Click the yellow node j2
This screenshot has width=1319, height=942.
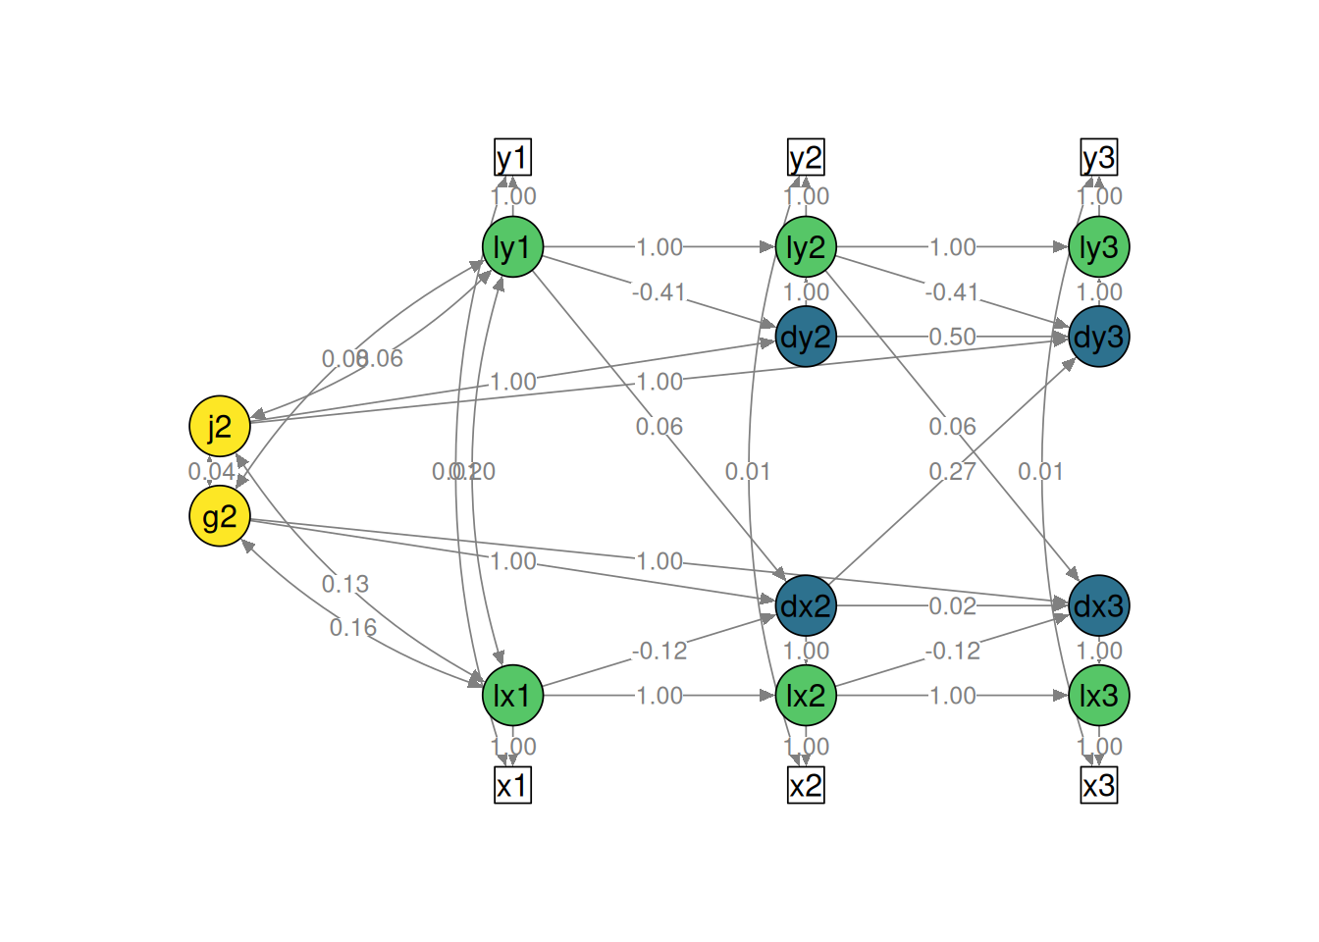click(220, 427)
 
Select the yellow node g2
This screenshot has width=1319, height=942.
click(220, 516)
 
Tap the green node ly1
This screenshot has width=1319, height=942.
click(512, 247)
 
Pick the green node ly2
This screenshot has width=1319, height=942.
click(806, 247)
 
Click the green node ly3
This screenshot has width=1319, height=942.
click(1099, 247)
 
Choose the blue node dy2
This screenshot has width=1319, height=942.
click(806, 337)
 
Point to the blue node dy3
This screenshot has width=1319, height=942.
click(1099, 337)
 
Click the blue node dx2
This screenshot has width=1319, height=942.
click(806, 605)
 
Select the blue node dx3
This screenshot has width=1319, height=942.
click(1099, 605)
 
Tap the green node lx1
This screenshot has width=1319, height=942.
click(512, 696)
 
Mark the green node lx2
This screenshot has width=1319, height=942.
click(806, 696)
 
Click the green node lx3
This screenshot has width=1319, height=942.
click(1099, 696)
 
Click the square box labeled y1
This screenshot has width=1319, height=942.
click(512, 157)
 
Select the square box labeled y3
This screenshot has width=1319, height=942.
click(1099, 157)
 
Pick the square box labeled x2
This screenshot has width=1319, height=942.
click(806, 785)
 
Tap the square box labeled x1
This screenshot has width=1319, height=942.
click(512, 785)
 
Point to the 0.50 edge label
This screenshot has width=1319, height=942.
click(952, 337)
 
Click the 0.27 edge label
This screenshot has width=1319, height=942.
click(952, 472)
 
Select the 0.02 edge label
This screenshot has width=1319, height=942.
click(952, 605)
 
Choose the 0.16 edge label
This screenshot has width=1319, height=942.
click(353, 628)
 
